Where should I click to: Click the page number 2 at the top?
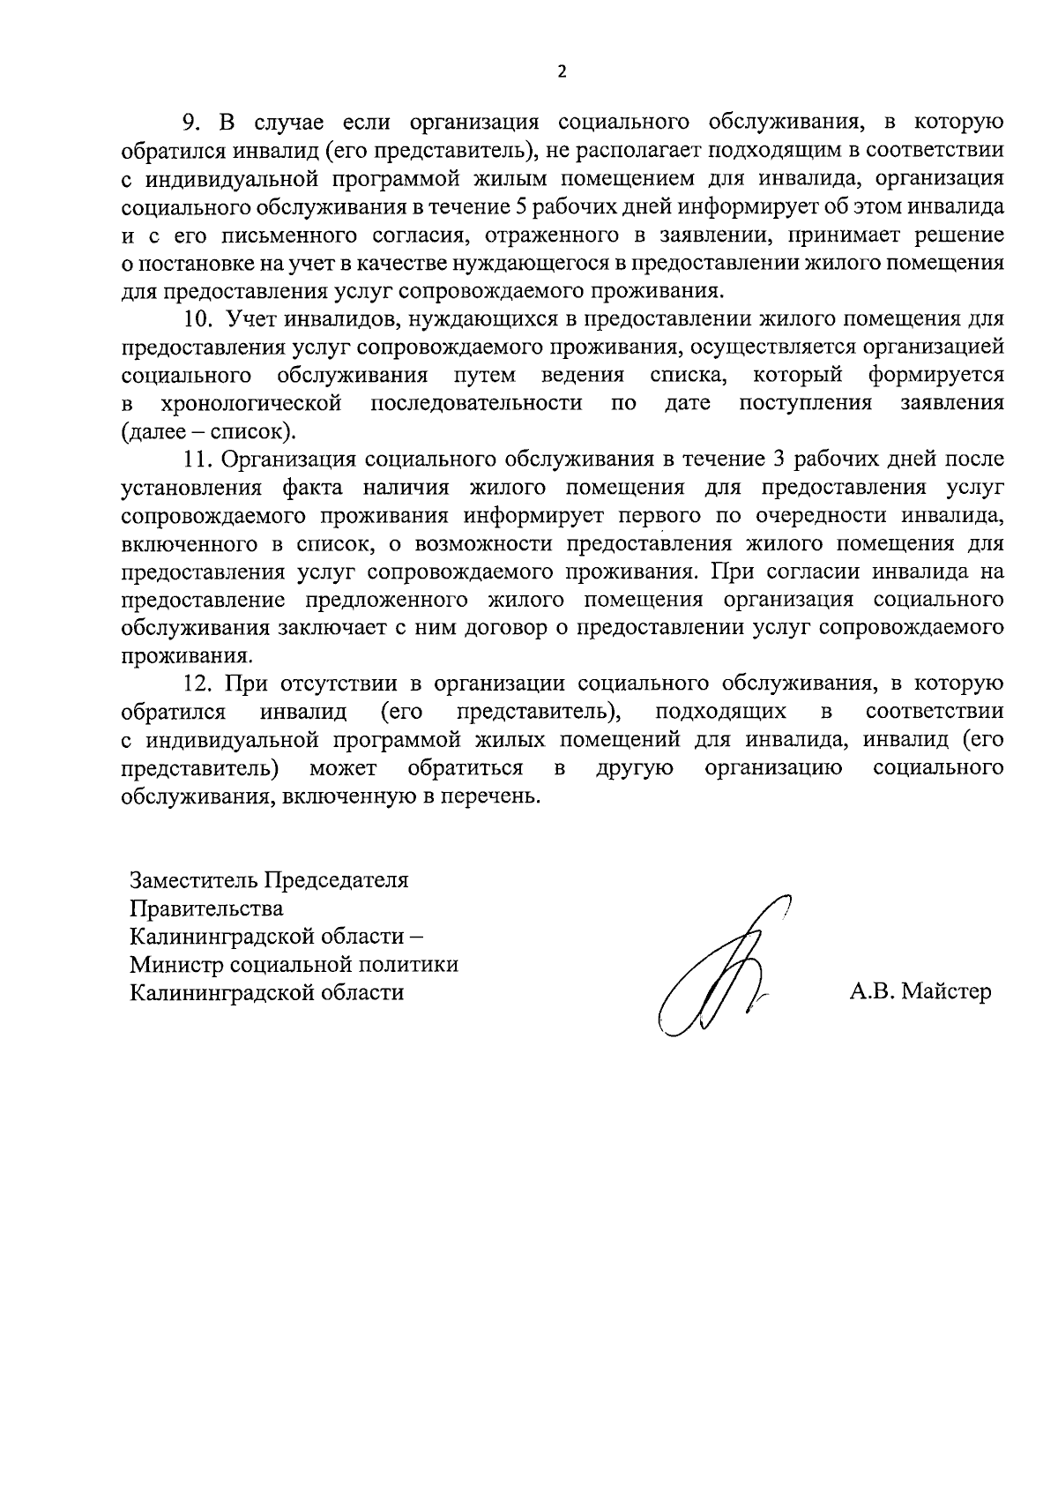pos(562,72)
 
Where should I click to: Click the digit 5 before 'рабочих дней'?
pos(521,206)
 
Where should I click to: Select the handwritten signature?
pos(719,970)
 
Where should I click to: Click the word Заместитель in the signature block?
pos(190,880)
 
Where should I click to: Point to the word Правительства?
pos(206,908)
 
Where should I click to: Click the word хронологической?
pos(251,404)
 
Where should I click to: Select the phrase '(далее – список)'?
pos(208,432)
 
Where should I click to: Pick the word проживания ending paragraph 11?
pos(185,656)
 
